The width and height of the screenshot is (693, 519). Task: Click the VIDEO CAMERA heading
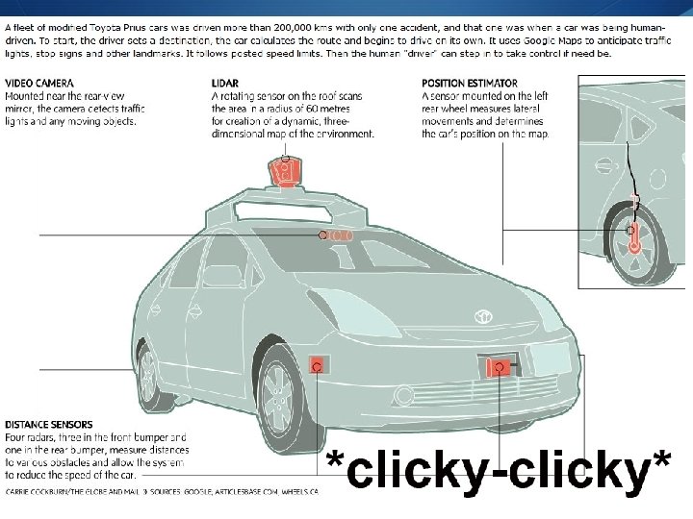[39, 84]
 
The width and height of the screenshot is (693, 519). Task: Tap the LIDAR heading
[225, 84]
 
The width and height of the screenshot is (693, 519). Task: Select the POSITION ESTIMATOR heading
[469, 84]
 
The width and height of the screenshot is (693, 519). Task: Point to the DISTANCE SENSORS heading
[49, 424]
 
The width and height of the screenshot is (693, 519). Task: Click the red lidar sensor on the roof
[283, 173]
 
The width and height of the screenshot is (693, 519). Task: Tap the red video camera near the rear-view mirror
[336, 235]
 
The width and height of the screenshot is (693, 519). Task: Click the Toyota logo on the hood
[481, 315]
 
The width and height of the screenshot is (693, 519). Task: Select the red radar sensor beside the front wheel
[316, 364]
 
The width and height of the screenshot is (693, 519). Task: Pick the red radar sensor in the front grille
[499, 367]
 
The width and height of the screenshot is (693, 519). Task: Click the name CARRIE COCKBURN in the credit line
[44, 491]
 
